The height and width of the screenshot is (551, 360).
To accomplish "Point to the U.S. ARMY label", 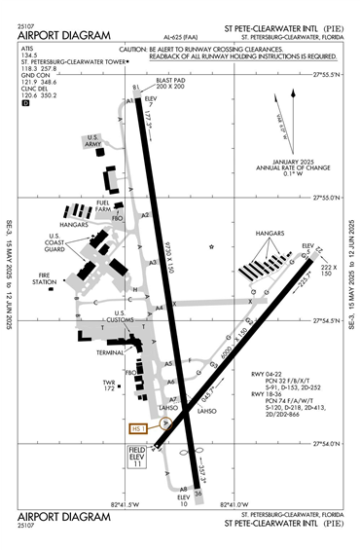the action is click(93, 143).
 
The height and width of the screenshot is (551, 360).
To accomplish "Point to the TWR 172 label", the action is click(110, 386).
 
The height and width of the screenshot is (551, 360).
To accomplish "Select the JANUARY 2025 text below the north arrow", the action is click(289, 161).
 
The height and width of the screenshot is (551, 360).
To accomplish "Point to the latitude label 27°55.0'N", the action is click(324, 197).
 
